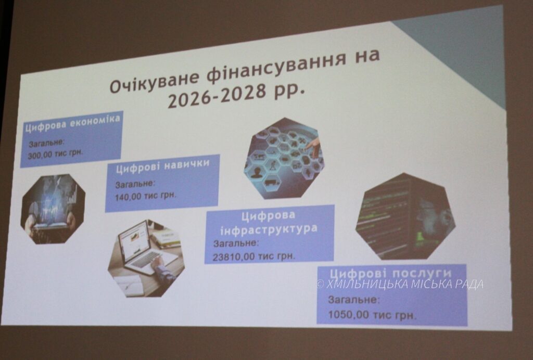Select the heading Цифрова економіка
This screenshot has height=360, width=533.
point(73,123)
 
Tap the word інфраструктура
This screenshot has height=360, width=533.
point(269,229)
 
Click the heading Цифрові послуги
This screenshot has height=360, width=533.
point(391,274)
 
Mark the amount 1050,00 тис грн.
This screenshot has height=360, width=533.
point(372,315)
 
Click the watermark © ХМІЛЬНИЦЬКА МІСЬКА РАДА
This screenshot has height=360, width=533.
point(400,284)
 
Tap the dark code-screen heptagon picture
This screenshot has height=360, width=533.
point(405,216)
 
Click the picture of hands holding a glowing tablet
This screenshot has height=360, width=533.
point(53,209)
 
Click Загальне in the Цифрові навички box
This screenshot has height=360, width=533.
point(135,184)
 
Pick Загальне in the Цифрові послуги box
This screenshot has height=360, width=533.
point(353,300)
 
